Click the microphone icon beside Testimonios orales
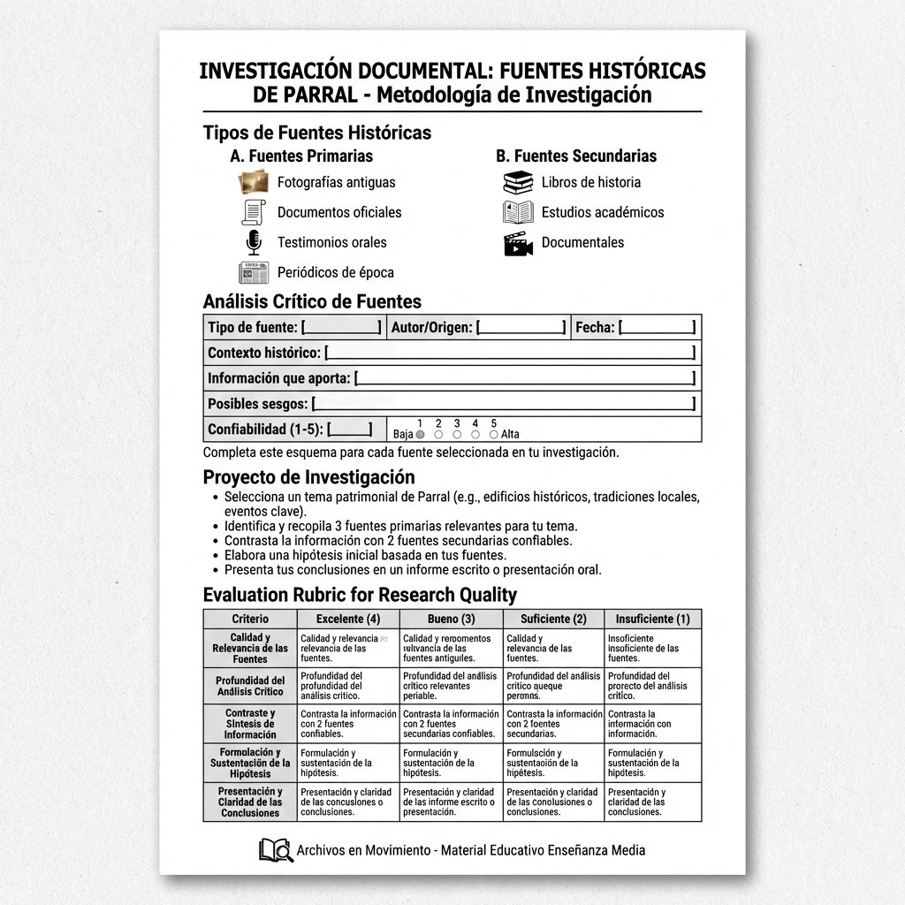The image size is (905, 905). coord(254,242)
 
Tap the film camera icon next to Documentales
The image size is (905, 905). coord(518,243)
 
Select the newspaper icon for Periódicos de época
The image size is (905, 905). coord(254,272)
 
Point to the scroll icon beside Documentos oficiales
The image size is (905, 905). coord(254,212)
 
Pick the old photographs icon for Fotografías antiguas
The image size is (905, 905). coord(254,182)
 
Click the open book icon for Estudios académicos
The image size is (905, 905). coord(518,212)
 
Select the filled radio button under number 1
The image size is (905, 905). coord(421,435)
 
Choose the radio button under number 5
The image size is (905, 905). coord(493,435)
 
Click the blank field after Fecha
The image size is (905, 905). coord(658,328)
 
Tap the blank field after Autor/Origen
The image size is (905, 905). coord(521,328)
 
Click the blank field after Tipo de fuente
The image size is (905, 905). coord(341,328)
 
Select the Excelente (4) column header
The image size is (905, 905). coord(348,619)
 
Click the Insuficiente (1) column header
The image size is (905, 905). coord(652,619)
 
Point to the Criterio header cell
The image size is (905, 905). coord(250,619)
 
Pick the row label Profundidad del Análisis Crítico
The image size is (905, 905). coord(250,686)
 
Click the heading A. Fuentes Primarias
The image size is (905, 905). coord(301,156)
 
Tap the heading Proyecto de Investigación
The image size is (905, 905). coord(308,477)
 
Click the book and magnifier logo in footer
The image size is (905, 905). coord(276,850)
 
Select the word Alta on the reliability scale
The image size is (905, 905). coord(510,435)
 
